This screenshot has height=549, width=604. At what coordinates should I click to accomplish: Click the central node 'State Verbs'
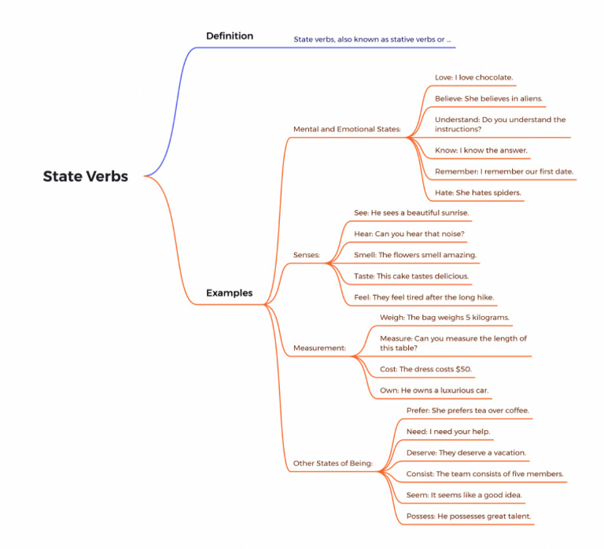coord(85,176)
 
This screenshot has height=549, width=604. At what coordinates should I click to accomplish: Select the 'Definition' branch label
coord(229,35)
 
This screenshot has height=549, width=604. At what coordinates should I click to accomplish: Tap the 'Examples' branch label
coord(229,293)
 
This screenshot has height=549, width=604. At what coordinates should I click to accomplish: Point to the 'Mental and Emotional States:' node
coord(347,129)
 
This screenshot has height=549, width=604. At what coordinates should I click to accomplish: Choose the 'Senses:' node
coord(306,255)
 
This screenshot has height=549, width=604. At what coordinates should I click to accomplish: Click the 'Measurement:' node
coord(319,348)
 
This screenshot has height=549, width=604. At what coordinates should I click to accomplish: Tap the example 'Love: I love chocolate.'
coord(473,77)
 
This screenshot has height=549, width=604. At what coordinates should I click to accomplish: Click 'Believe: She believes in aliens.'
coord(488,98)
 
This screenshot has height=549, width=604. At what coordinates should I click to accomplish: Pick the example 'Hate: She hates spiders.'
coord(477,192)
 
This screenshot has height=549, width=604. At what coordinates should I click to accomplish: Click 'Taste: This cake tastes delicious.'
coord(411,276)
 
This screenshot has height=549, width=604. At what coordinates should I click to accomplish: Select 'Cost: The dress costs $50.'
coord(425,369)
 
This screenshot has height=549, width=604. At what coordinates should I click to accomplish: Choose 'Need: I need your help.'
coord(448,432)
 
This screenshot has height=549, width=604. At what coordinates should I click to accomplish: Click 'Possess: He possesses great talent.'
coord(469,517)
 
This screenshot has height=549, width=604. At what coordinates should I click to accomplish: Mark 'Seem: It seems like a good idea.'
coord(464,496)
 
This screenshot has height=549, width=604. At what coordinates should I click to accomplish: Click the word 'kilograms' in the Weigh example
coord(487,318)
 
